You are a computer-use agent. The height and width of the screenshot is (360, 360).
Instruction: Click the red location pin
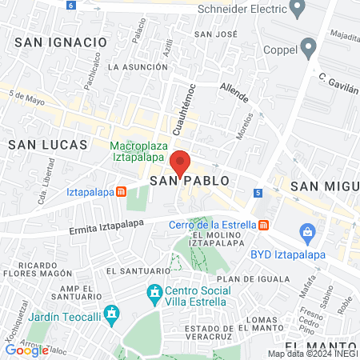pos(180,162)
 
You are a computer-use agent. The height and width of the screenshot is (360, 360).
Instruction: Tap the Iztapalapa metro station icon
pos(121,192)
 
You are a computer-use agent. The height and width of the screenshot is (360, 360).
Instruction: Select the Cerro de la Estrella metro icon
pos(264,226)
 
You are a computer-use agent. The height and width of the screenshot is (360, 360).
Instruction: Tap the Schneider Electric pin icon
pos(298,10)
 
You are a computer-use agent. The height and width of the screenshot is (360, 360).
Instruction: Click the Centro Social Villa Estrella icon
pos(154,295)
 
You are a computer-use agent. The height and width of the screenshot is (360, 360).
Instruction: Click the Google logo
pos(26,350)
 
